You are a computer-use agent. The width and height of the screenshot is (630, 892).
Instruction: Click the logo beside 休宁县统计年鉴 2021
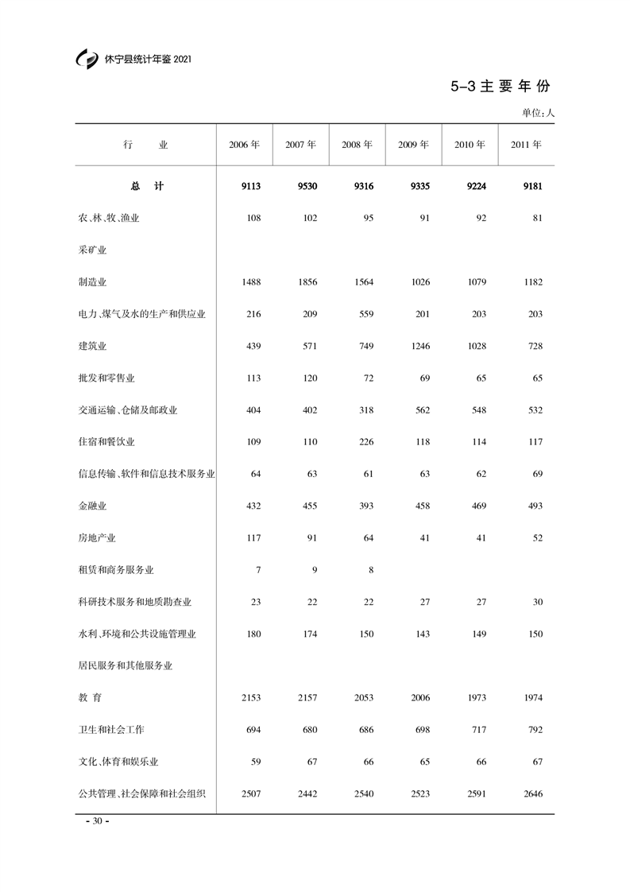pyautogui.click(x=87, y=60)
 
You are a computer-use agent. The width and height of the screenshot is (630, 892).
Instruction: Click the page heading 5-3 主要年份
pyautogui.click(x=501, y=87)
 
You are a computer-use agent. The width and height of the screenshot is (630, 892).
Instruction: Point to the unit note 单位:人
pyautogui.click(x=538, y=113)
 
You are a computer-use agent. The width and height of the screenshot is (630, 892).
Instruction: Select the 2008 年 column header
pyautogui.click(x=357, y=145)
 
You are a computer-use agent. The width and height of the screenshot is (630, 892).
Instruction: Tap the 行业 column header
pyautogui.click(x=146, y=145)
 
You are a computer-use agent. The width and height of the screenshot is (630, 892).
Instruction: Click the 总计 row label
pyautogui.click(x=146, y=186)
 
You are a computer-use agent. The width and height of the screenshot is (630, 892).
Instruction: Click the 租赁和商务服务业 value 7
pyautogui.click(x=257, y=570)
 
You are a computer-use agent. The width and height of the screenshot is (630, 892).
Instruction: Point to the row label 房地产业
pyautogui.click(x=92, y=538)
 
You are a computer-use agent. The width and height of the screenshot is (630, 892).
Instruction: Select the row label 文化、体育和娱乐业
pyautogui.click(x=113, y=762)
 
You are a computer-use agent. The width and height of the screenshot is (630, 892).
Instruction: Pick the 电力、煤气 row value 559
pyautogui.click(x=365, y=314)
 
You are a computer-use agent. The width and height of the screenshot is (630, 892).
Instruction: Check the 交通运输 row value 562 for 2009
pyautogui.click(x=421, y=410)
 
